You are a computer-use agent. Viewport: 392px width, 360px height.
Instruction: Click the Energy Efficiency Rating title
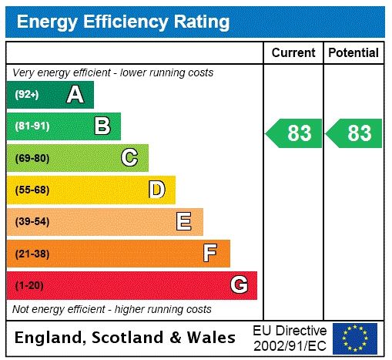[x=122, y=22]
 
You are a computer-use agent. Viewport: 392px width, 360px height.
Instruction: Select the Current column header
[x=293, y=53]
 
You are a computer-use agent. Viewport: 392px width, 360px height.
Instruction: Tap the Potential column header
[x=353, y=53]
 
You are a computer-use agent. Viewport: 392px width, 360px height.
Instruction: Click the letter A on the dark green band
[x=75, y=95]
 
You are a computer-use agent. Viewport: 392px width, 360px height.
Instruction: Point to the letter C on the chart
[x=129, y=158]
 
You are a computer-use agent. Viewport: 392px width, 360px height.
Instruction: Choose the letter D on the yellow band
[x=156, y=190]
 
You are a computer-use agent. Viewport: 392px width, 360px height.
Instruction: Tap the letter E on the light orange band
[x=184, y=222]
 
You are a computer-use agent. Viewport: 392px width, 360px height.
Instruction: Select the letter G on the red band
[x=239, y=285]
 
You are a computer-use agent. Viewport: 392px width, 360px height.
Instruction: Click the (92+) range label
[x=27, y=95]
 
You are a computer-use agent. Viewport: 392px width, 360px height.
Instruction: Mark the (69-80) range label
[x=32, y=158]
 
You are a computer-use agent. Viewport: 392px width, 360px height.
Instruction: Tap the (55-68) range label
[x=32, y=190]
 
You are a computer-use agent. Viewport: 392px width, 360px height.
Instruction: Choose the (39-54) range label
[x=32, y=222]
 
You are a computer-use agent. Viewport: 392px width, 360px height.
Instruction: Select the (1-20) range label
[x=29, y=285]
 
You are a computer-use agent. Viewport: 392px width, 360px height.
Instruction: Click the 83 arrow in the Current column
[x=294, y=133]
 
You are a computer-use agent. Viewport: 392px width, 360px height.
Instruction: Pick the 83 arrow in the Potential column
[x=354, y=133]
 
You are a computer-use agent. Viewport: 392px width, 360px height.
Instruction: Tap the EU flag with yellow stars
[x=355, y=338]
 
